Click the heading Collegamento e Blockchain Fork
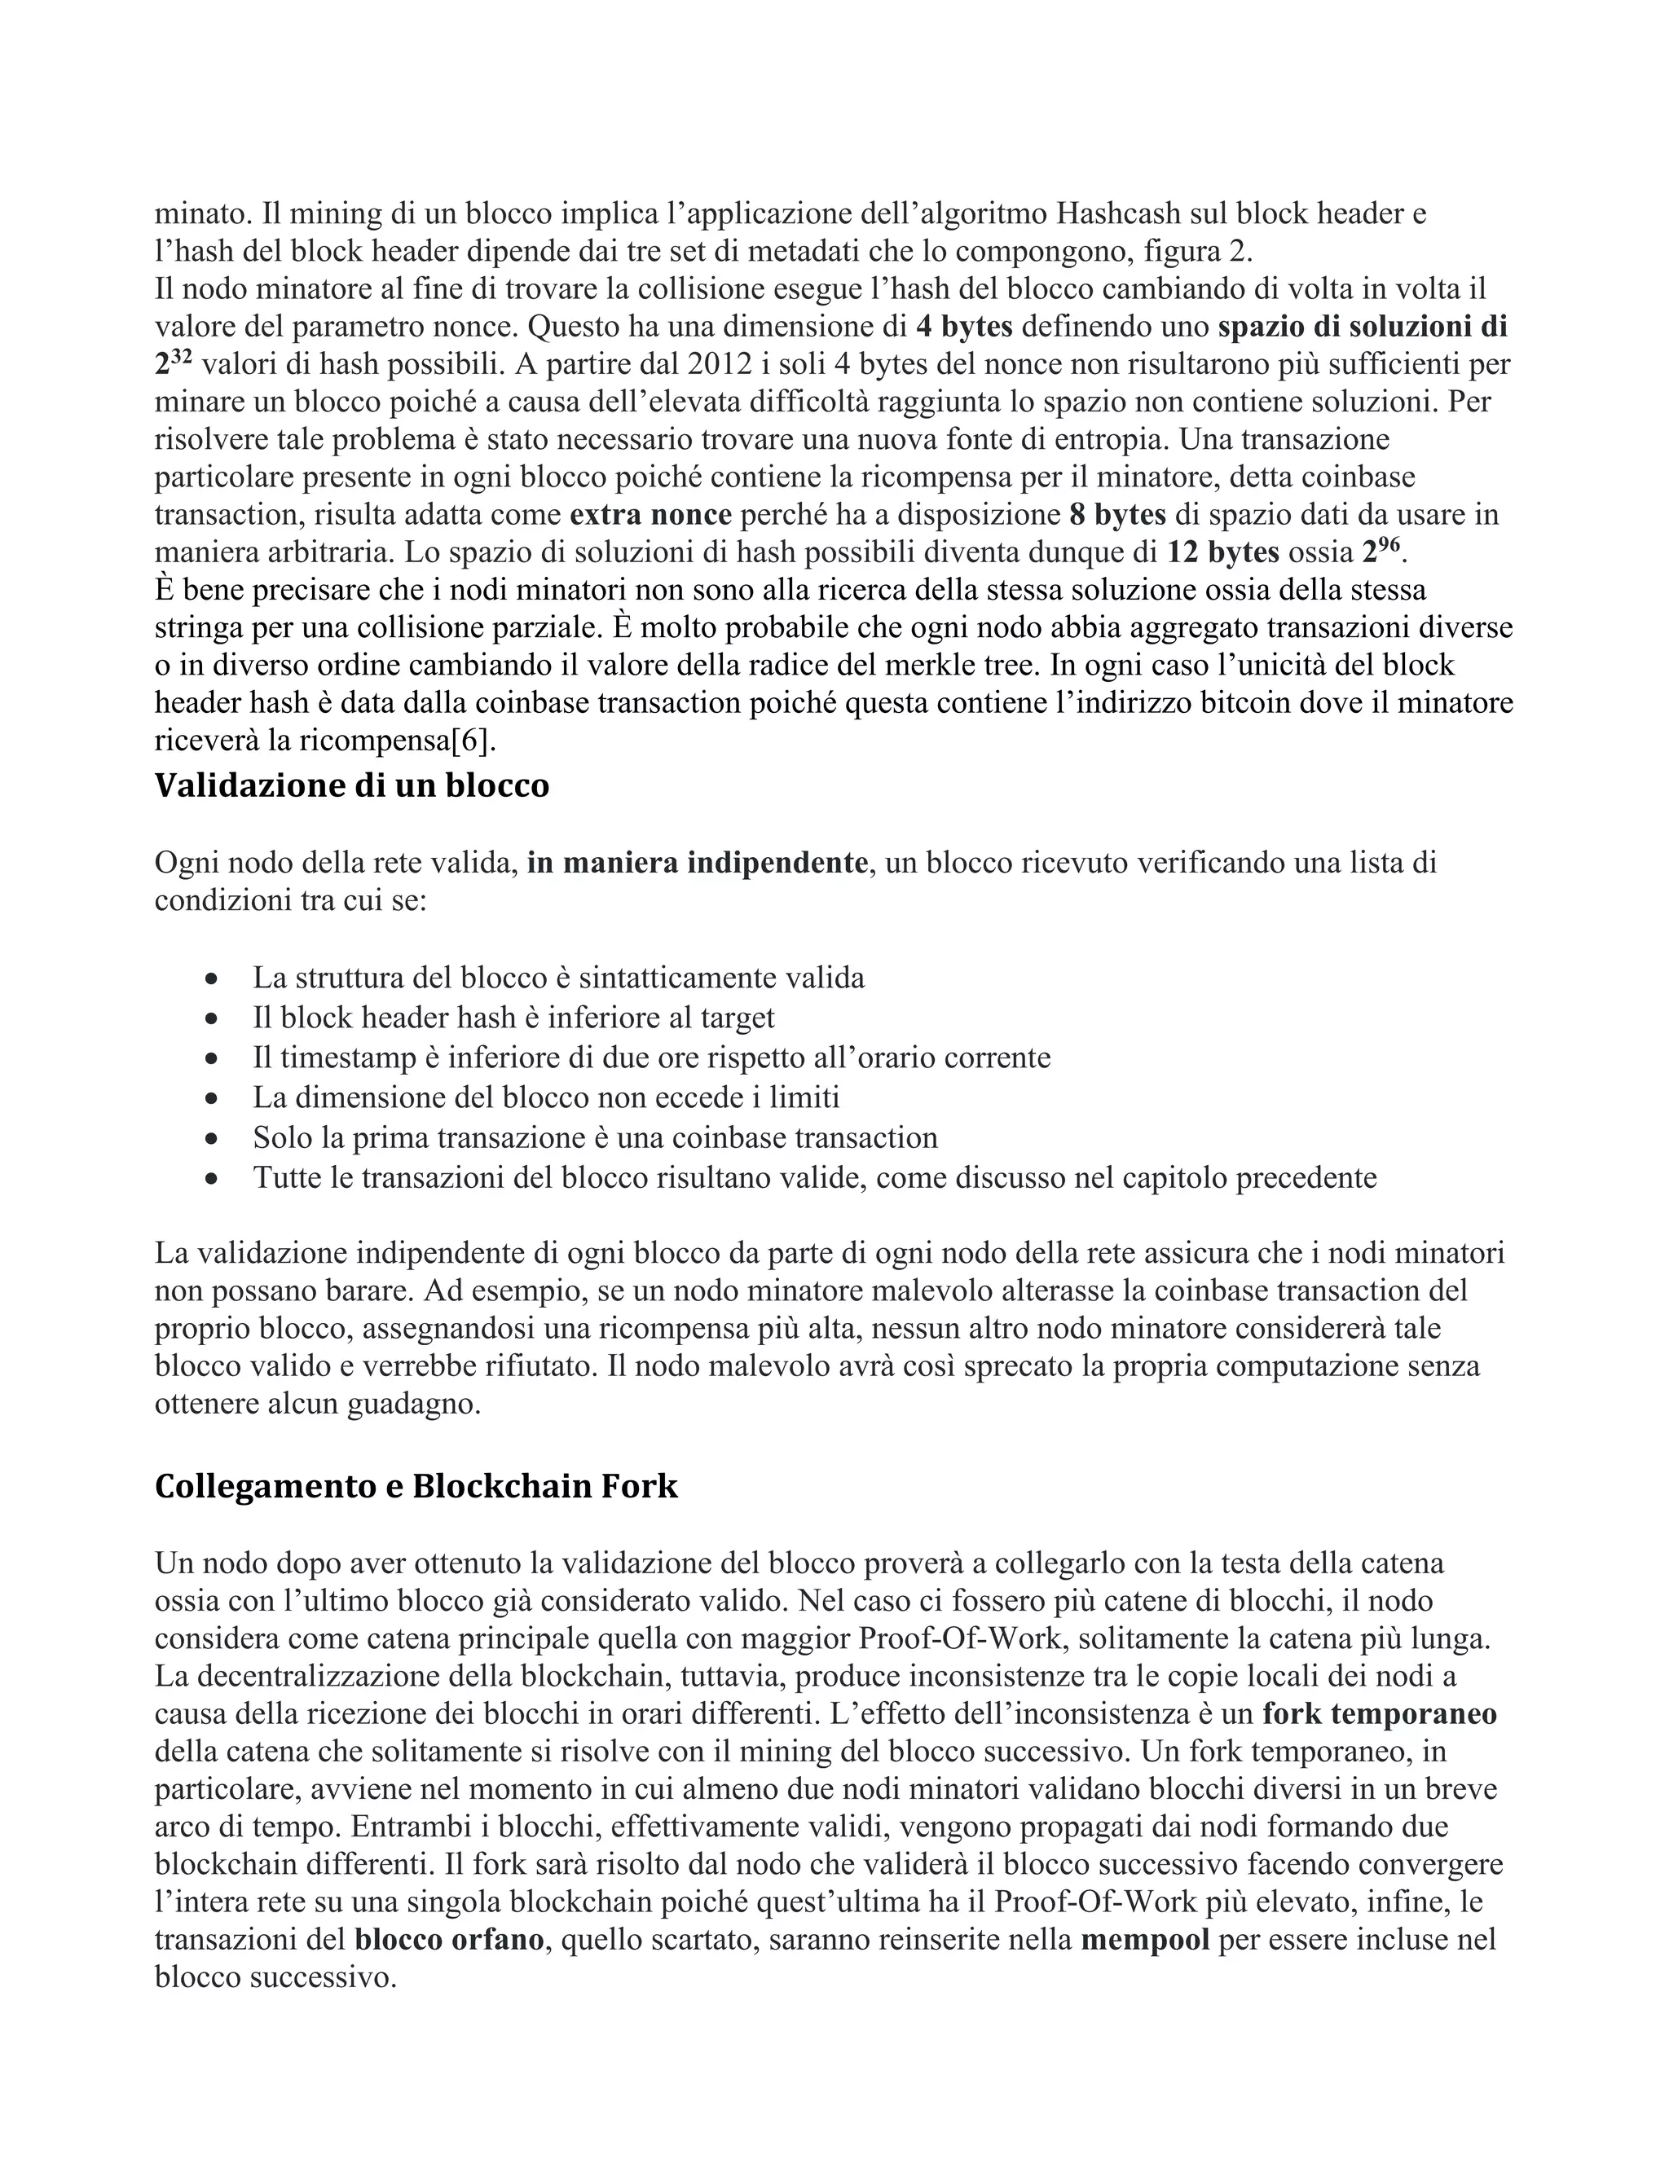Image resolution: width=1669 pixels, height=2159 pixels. [x=416, y=1486]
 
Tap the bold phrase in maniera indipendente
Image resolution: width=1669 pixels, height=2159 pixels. [x=697, y=863]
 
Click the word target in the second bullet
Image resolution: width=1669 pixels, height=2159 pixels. [x=738, y=1018]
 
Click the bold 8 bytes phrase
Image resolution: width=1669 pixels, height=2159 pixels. [x=1117, y=515]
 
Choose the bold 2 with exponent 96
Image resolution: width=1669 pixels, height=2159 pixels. [x=1381, y=551]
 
